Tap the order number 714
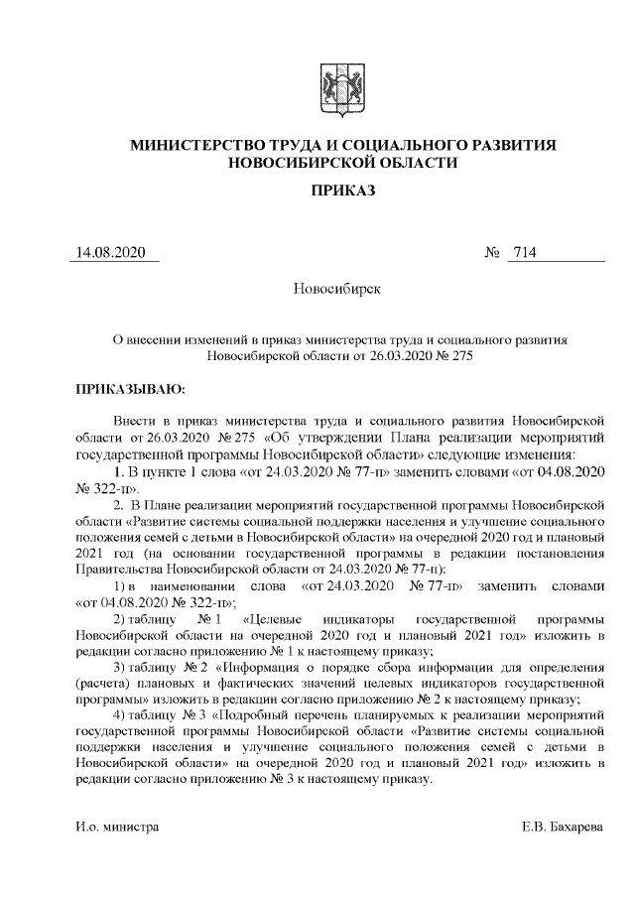[x=523, y=253]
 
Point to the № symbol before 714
[x=492, y=253]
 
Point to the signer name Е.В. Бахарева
[x=564, y=827]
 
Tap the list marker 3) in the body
[x=121, y=665]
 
